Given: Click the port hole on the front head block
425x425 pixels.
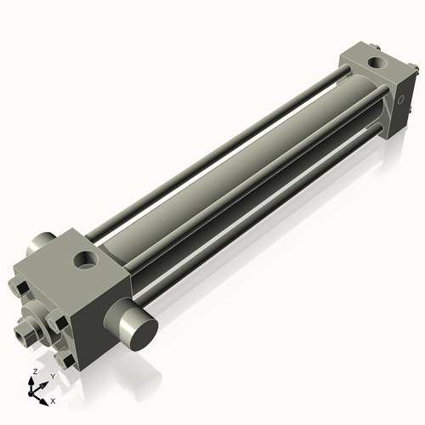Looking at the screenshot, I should (85, 256).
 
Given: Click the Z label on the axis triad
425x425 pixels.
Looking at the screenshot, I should (33, 372).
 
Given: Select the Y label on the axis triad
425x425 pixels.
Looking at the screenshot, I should (52, 376).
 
